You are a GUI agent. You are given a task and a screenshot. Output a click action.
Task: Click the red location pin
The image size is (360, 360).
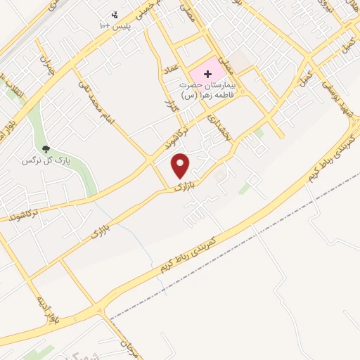click(x=181, y=165)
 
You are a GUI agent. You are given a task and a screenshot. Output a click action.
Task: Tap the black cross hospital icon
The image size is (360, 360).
click(x=208, y=74)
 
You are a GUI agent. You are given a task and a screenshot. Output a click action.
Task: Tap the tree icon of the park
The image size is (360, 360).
click(x=46, y=149)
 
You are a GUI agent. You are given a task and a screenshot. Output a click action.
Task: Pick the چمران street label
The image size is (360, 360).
click(x=46, y=65)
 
